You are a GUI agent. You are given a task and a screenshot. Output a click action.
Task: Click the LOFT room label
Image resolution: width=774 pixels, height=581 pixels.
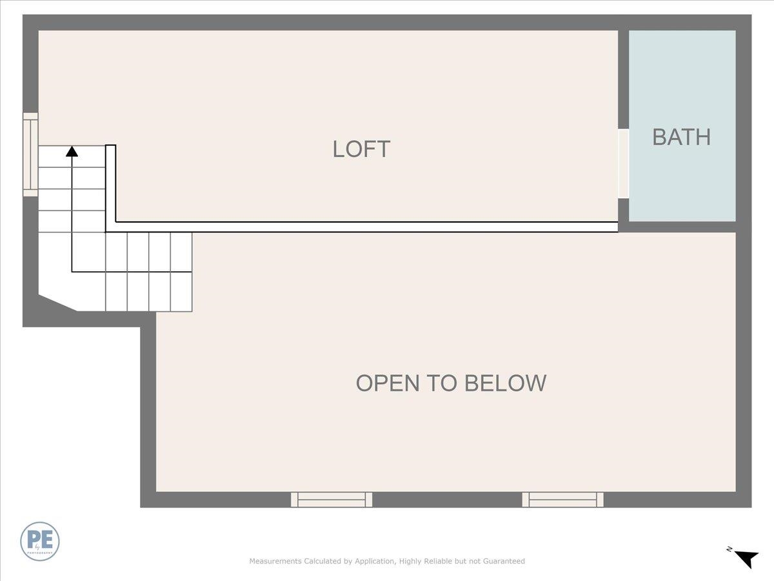click(361, 149)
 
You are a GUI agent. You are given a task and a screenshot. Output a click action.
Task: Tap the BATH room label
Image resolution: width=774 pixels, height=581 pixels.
click(681, 137)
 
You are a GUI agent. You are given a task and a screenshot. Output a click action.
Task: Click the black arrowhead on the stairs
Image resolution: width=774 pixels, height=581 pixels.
click(72, 151)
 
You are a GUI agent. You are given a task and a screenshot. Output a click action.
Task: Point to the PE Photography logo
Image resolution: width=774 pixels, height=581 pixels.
click(40, 541)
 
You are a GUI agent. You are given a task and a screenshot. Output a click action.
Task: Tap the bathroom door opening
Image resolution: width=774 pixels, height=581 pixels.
click(623, 163)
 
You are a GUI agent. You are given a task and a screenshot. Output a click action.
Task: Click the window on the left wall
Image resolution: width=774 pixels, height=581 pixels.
click(30, 154)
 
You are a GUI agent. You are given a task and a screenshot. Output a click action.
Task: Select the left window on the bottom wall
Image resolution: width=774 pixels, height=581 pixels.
click(332, 499)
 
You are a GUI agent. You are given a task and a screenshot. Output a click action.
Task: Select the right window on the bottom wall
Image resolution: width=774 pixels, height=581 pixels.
click(562, 499)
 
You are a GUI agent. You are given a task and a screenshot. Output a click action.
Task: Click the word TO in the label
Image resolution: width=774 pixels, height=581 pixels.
click(442, 383)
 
